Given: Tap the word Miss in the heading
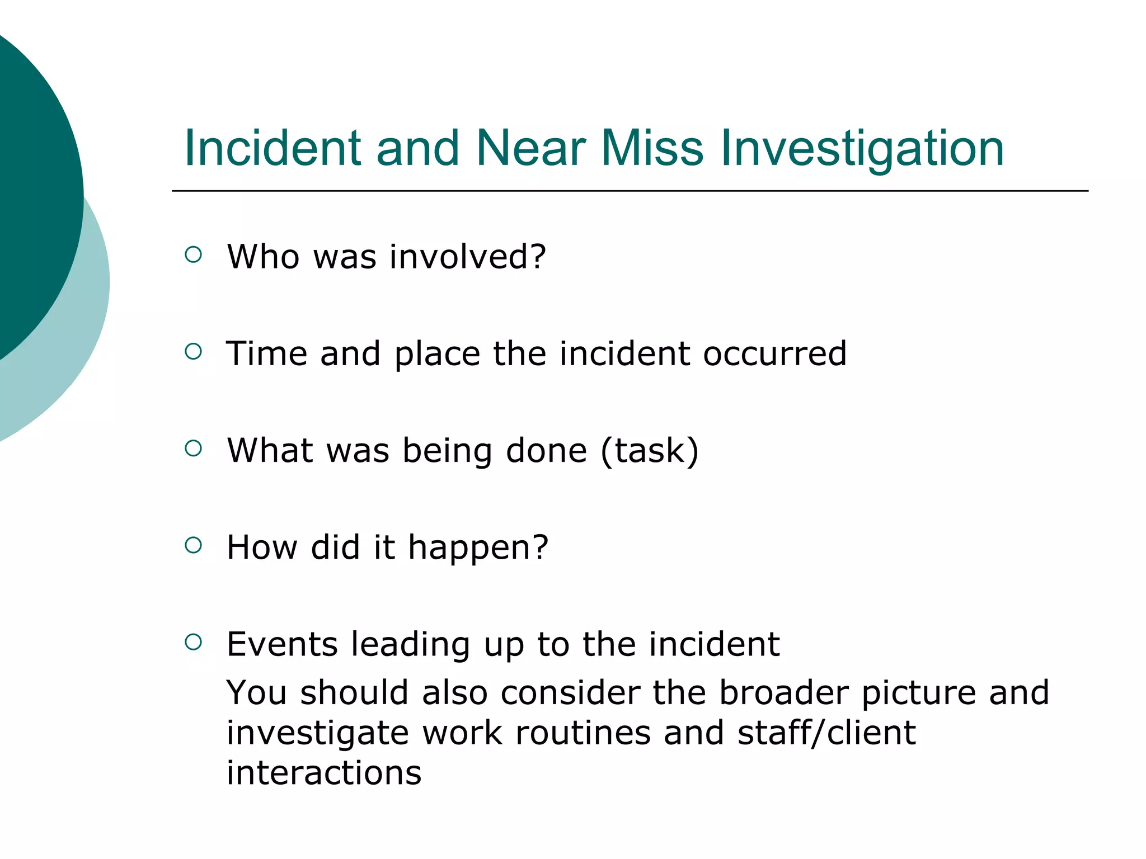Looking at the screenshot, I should coord(651,148).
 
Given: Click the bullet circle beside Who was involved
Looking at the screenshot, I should coord(193,255).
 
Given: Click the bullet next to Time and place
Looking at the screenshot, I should coord(193,352).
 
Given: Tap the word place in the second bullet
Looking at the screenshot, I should coord(436,355).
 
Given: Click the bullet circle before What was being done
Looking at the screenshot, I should coord(193,449).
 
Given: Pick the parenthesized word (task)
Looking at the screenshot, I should coord(649,451).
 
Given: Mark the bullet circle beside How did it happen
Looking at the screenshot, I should coord(193,545).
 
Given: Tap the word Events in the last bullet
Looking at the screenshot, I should coord(282,644).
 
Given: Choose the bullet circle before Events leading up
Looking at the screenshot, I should coord(193,642).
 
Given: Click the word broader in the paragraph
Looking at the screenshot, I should coord(783,692).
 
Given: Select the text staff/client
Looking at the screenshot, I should coord(826,733).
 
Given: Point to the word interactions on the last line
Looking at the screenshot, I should coord(323,773).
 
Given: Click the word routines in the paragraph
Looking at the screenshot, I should coord(583,733).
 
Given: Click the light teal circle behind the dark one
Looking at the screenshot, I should coord(84,336).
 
